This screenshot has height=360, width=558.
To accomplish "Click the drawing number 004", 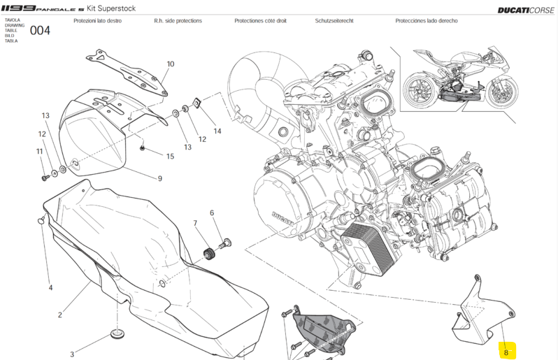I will tap(39, 31).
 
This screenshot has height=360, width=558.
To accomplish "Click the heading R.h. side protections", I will tap(178, 21).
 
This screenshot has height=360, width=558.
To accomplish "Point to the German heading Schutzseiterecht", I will tap(338, 21).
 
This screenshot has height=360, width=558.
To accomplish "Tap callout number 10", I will tap(170, 64).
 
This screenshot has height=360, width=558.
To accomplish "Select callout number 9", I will tap(159, 178).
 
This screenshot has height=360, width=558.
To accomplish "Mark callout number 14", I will tap(217, 131).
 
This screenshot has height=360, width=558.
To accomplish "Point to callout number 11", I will tap(39, 151).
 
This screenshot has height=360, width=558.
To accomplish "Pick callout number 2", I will tap(60, 315).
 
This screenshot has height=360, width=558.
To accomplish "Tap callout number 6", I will tap(211, 213).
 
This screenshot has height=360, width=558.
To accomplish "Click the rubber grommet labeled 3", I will tap(114, 329).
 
